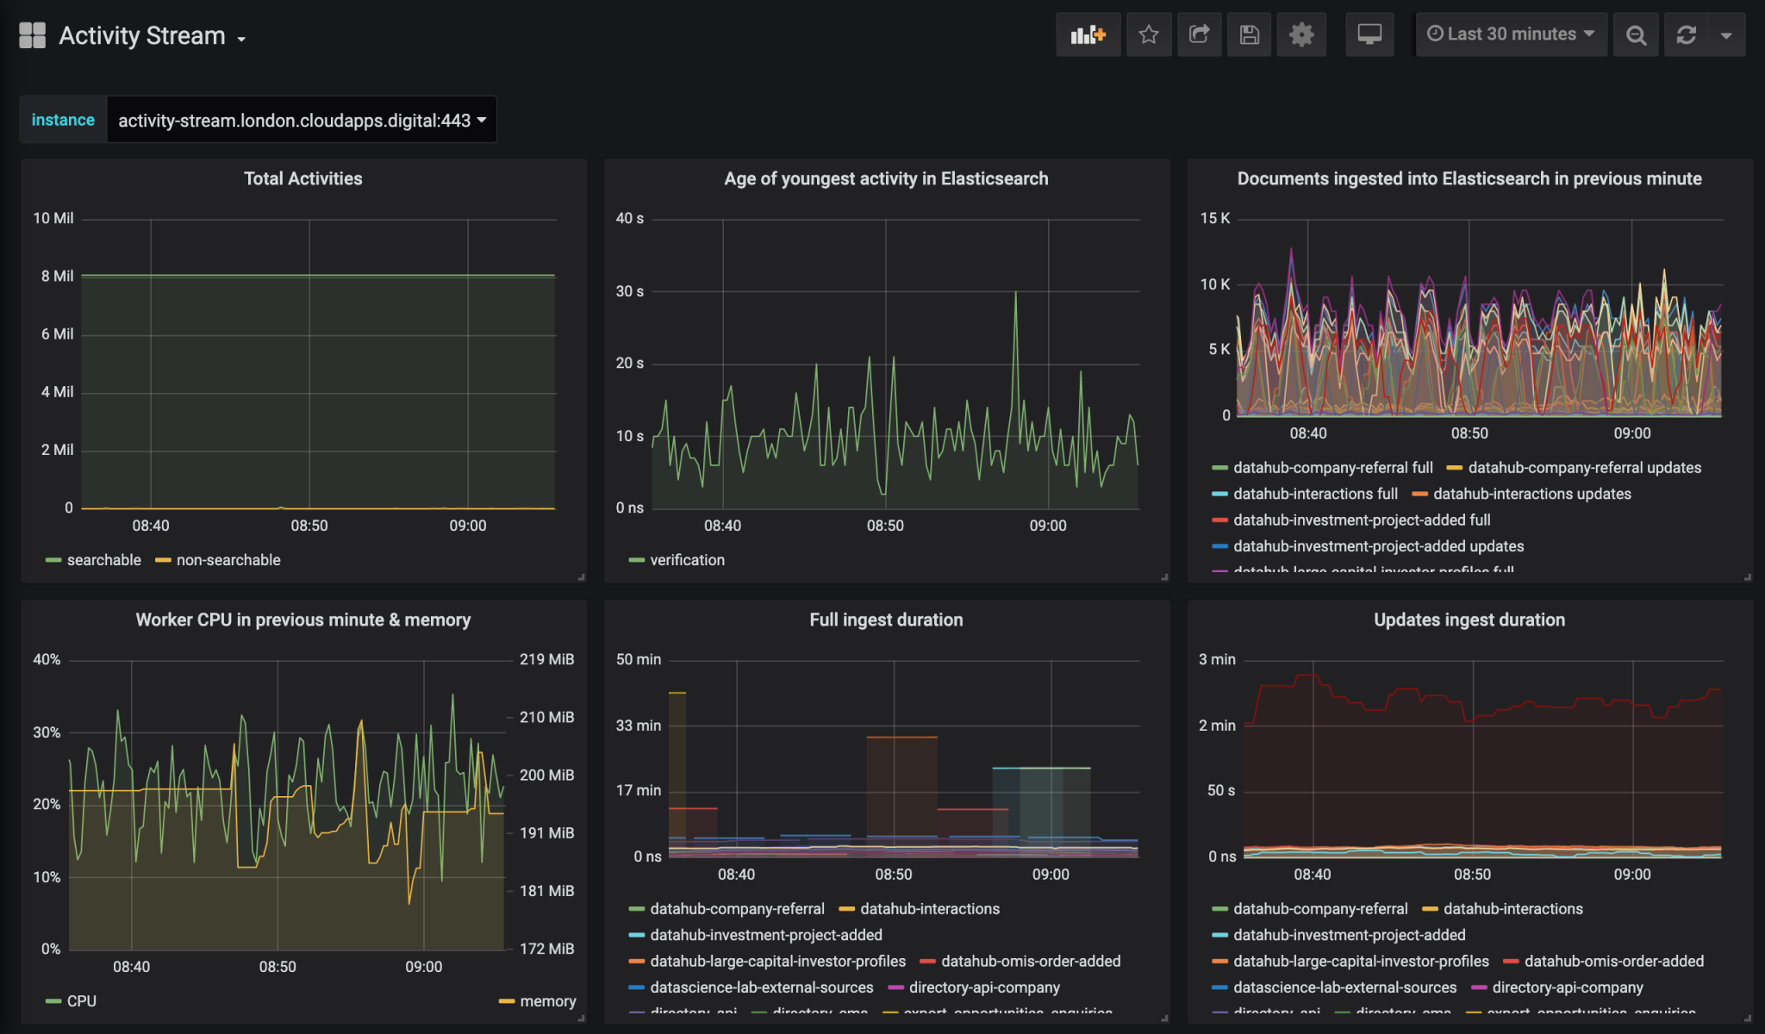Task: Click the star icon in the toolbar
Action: pos(1148,34)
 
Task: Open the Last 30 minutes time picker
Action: pos(1511,34)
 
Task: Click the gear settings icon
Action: pos(1300,34)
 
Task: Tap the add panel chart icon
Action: pos(1088,34)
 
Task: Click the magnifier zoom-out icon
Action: pos(1635,34)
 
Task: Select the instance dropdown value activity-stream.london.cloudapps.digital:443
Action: pos(301,121)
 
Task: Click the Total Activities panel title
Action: pos(302,178)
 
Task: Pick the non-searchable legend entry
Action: pos(228,560)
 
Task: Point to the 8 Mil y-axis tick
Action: pos(57,277)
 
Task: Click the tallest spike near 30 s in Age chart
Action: pos(1015,294)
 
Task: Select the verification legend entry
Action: pos(686,560)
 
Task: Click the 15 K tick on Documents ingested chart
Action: pos(1214,219)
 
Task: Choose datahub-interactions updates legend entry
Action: pos(1531,494)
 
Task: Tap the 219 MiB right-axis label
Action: pos(546,659)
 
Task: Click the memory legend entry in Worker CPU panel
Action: pos(546,1001)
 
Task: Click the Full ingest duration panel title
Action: pos(886,620)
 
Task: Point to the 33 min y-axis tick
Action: pos(638,726)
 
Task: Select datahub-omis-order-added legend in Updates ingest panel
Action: pos(1612,961)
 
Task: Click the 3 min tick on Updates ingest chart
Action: pos(1217,659)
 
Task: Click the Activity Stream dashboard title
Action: pos(142,36)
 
